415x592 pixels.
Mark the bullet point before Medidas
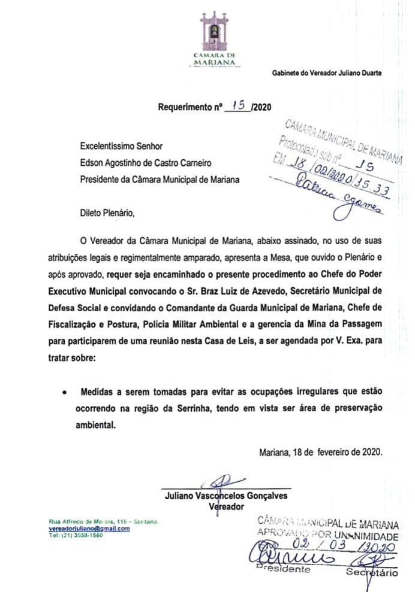(64, 393)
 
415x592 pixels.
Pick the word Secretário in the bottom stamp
(371, 573)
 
